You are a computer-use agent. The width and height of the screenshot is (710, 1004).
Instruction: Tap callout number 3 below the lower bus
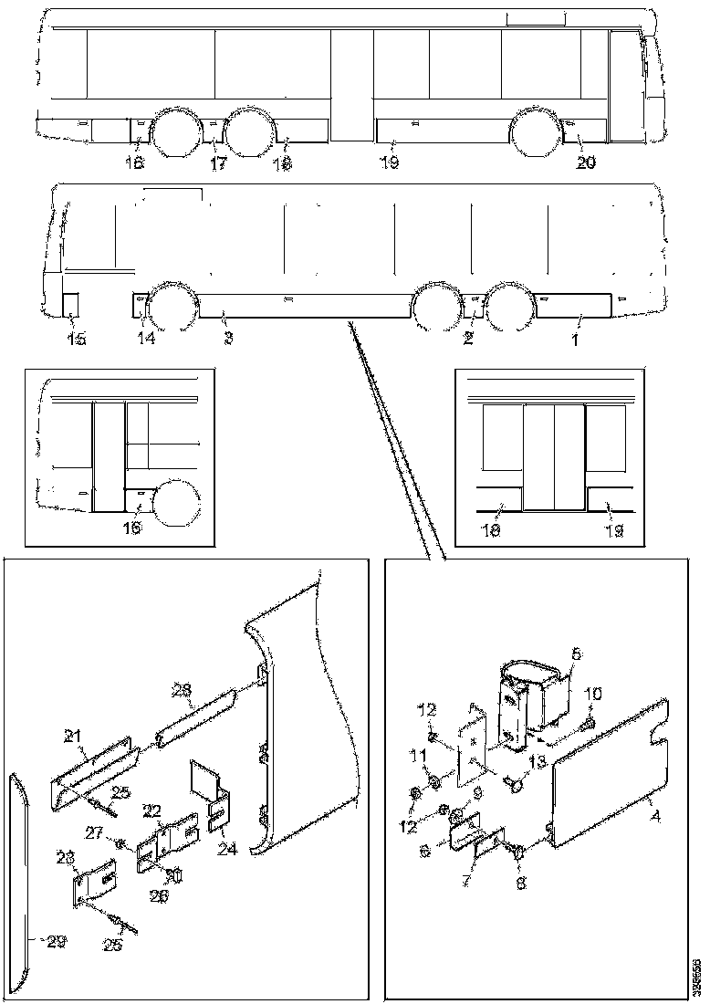pyautogui.click(x=228, y=339)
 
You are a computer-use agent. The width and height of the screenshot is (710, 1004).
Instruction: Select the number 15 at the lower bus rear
pyautogui.click(x=77, y=340)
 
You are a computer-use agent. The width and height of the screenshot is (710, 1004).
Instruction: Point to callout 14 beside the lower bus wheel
pyautogui.click(x=146, y=339)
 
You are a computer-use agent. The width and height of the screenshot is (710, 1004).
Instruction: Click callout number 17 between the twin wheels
pyautogui.click(x=217, y=164)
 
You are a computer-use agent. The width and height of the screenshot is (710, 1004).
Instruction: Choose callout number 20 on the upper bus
pyautogui.click(x=585, y=163)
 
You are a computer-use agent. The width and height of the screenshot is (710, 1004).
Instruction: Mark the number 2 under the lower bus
pyautogui.click(x=468, y=339)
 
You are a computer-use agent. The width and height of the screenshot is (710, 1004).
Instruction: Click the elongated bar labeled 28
pyautogui.click(x=195, y=721)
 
